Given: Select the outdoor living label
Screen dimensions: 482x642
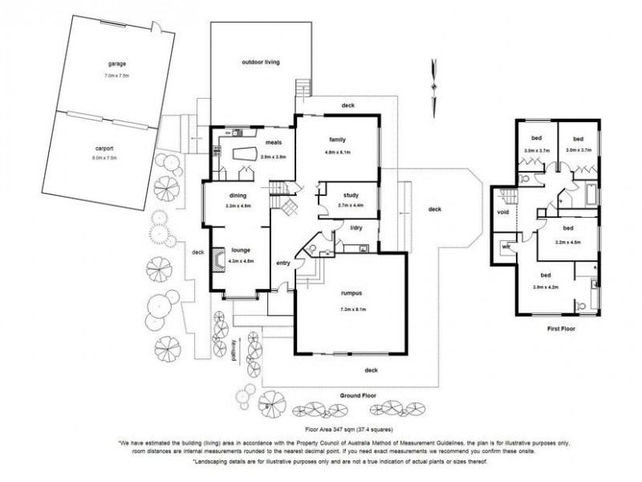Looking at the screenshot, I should (x=260, y=63).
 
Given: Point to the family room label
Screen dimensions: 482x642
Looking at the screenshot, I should (x=337, y=140).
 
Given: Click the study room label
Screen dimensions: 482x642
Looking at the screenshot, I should (x=350, y=195).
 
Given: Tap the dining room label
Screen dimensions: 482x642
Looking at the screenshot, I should (x=237, y=195).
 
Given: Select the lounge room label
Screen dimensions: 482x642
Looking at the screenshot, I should (x=241, y=250).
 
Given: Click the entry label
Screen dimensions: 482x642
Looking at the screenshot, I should (x=282, y=263).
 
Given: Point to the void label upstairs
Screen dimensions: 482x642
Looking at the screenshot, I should (x=503, y=213).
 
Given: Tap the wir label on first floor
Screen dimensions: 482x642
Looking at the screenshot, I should (x=506, y=247).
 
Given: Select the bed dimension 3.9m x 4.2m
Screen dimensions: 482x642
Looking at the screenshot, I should (x=545, y=287).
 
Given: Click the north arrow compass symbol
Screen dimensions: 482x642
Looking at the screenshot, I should (x=433, y=84).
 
